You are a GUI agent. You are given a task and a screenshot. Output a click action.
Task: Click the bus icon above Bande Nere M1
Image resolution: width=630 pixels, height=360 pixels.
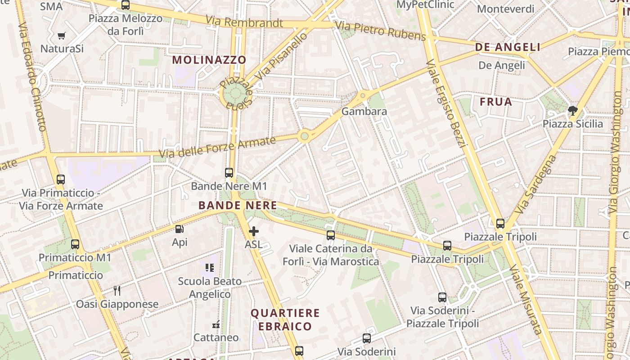click(229, 172)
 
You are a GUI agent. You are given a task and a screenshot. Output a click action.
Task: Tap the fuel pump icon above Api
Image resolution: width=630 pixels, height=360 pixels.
click(179, 229)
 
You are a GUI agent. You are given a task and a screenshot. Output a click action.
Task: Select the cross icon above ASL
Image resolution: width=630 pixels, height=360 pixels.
click(254, 231)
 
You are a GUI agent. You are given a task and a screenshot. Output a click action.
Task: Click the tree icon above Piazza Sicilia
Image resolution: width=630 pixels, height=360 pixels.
click(572, 110)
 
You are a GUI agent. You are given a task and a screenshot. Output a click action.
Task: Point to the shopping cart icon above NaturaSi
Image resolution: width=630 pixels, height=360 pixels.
click(62, 36)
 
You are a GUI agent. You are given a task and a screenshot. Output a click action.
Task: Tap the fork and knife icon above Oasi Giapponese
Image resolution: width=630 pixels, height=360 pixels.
click(117, 291)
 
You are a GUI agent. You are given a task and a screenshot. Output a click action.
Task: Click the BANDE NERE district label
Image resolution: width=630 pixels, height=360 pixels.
click(238, 206)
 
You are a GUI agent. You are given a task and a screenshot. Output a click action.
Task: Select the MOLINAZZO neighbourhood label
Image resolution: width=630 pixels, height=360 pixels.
click(209, 60)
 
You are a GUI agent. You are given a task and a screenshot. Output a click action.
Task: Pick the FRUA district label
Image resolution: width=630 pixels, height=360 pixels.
click(496, 102)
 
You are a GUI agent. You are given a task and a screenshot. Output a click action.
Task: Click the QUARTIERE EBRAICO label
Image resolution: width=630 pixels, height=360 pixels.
click(285, 319)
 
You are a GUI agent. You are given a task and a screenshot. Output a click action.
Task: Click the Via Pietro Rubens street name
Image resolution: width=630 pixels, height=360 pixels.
click(380, 30)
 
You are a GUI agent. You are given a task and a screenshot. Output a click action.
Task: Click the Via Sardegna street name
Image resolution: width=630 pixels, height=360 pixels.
click(535, 184)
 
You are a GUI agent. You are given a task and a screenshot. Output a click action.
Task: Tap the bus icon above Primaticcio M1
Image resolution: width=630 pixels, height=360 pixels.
click(75, 244)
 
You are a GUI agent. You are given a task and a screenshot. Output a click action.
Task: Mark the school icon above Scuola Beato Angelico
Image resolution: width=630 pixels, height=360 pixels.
click(209, 268)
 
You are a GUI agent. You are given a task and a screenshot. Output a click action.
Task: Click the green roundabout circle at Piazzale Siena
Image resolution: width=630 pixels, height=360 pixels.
click(236, 94)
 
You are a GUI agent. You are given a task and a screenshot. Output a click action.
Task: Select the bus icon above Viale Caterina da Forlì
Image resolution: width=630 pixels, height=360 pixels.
click(331, 235)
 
